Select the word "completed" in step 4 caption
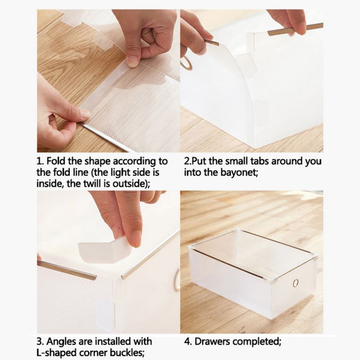tap(256, 342)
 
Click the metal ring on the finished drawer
tap(296, 283)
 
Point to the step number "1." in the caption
tap(40, 161)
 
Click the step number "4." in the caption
tap(188, 342)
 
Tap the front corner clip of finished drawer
tap(270, 280)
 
